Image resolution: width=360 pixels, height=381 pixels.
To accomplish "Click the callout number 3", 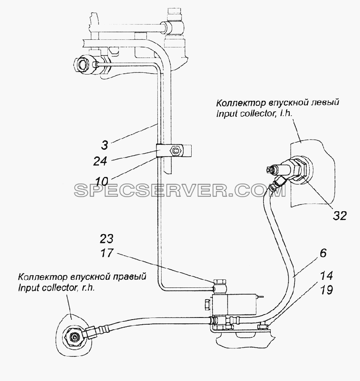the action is click(x=104, y=145).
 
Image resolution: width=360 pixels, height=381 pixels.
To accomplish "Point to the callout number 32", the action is click(x=340, y=215).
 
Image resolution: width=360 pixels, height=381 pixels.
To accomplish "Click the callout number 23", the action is click(x=106, y=239).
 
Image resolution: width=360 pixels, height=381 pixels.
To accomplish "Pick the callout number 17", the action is click(x=107, y=253).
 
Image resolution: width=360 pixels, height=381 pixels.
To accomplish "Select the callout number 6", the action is click(x=323, y=254).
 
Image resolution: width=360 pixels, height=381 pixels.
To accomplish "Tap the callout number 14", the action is click(x=327, y=276).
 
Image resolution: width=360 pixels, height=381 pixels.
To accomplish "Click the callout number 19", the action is click(x=327, y=290).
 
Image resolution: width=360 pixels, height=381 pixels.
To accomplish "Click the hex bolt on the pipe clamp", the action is click(x=176, y=151).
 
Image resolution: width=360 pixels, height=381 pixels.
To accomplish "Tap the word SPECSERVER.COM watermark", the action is click(x=180, y=190).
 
